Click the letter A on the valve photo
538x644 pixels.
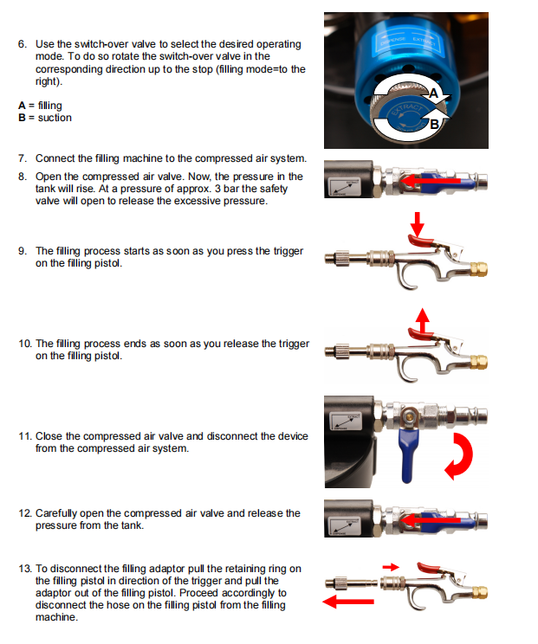434,93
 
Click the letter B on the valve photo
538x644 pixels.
434,124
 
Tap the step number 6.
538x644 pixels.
23,44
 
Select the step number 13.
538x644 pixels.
24,569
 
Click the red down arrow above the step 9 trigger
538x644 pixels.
418,224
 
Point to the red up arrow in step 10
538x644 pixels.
422,320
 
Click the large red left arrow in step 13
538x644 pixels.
348,602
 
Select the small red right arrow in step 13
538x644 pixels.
391,567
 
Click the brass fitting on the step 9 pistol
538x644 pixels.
479,269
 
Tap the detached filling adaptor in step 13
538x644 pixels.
351,583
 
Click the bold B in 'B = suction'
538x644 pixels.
22,118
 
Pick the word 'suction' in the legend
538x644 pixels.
55,118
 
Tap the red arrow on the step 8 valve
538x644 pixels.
431,180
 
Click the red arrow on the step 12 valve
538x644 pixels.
431,520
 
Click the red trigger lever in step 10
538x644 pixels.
419,334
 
